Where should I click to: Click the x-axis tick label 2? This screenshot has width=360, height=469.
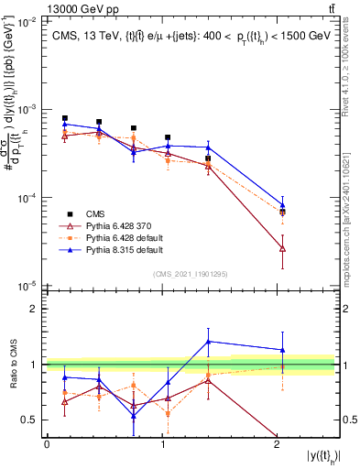[x=278, y=444]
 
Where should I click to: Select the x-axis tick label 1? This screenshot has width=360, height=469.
[x=162, y=444]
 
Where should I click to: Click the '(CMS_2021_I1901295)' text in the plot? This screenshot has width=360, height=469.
[x=190, y=274]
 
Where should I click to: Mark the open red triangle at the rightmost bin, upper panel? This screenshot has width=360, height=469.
[x=282, y=248]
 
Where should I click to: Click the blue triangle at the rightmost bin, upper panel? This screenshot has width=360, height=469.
[x=282, y=205]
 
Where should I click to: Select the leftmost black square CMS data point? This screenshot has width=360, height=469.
[x=64, y=118]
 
